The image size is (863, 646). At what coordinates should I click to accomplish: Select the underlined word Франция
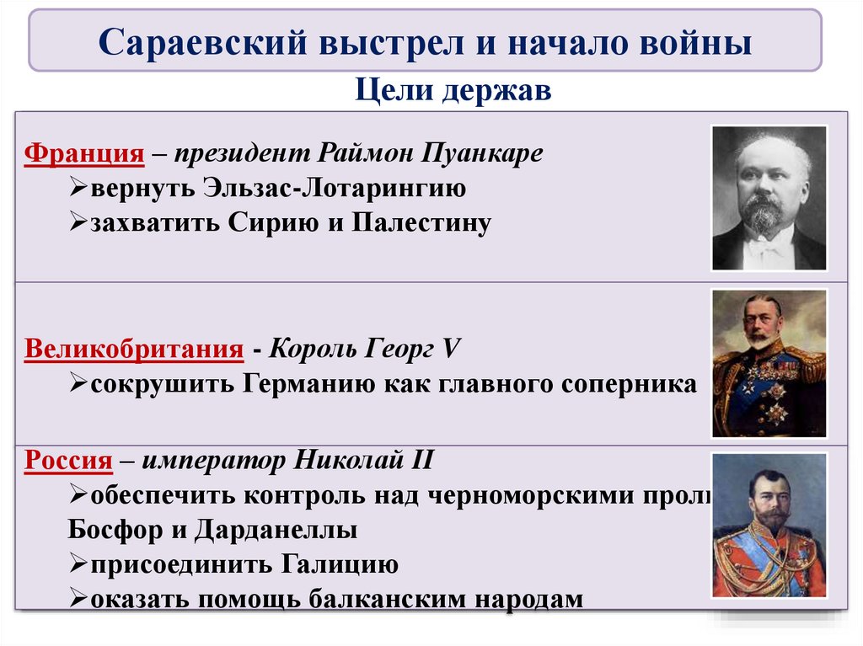point(83,155)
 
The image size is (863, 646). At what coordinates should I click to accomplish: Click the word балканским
point(385,600)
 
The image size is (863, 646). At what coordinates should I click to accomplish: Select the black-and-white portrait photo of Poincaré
point(769,198)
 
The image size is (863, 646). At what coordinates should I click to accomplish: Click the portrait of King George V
point(769,363)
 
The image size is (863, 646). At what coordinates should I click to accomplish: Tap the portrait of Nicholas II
point(769,525)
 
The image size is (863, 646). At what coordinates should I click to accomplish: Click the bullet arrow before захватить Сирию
point(78,224)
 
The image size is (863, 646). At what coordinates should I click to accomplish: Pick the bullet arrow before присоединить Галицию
point(78,564)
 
